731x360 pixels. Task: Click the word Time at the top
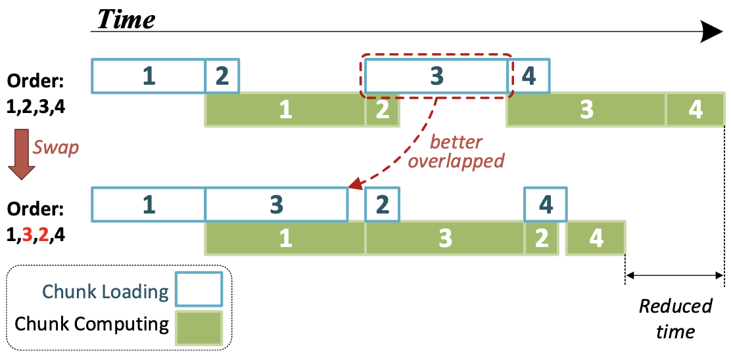(126, 19)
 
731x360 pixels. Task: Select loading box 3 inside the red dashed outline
(436, 76)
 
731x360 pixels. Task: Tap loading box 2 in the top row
(222, 76)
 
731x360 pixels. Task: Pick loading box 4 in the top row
(529, 76)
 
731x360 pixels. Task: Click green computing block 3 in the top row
(586, 110)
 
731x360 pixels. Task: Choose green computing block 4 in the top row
(696, 110)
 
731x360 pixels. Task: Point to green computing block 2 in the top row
(383, 110)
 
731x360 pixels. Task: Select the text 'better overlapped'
(456, 152)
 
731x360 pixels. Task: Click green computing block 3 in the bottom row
(445, 238)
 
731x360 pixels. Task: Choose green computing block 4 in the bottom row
(596, 238)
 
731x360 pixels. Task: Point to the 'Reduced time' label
(675, 319)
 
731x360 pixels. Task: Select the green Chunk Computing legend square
(199, 327)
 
